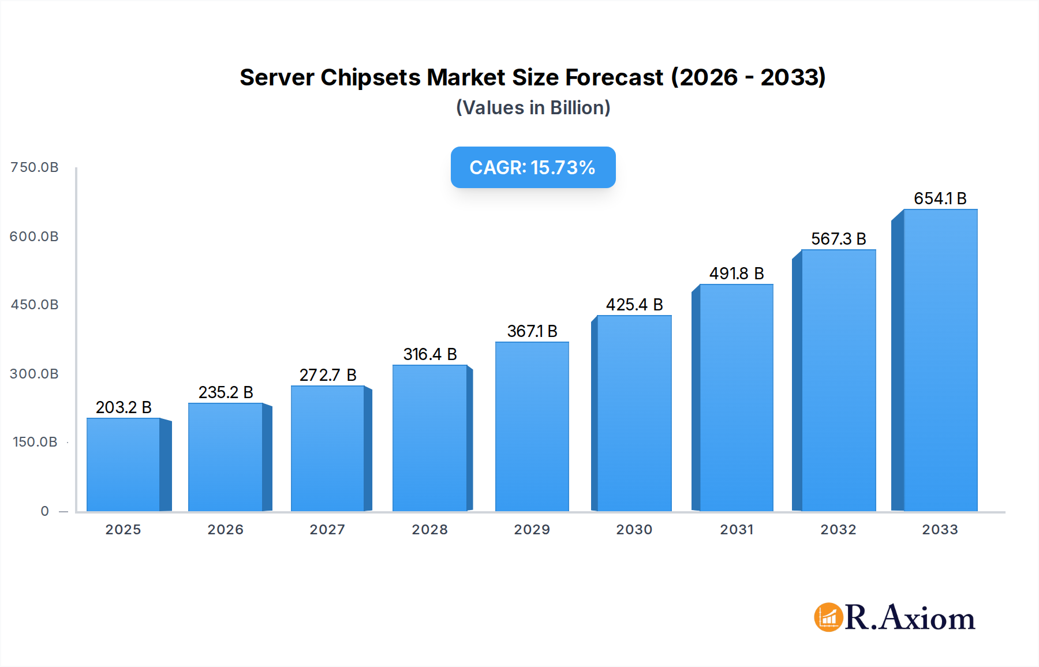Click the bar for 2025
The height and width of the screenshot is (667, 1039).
[123, 464]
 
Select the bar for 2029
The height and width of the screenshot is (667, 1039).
[532, 427]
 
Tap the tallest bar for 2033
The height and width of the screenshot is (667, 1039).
[940, 361]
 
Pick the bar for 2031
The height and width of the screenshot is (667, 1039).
[736, 398]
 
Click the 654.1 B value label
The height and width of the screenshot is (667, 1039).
[940, 198]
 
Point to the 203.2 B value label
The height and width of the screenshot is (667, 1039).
[124, 407]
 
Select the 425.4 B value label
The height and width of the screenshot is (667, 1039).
[634, 305]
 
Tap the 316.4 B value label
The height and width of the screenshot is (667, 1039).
[430, 354]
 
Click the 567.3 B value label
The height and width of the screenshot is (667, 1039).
[838, 239]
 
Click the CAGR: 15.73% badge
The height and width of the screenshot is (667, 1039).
[533, 167]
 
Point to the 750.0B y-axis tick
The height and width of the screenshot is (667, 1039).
[35, 167]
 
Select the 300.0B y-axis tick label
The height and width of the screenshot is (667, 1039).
[35, 374]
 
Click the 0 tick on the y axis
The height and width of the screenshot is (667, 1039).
[45, 511]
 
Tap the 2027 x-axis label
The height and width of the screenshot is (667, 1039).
[327, 530]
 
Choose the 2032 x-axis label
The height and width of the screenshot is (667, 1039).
[838, 530]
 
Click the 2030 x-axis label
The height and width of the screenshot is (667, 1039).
[634, 530]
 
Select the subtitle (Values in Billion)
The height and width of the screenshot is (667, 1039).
[533, 108]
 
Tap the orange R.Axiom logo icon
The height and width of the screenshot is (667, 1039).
[828, 617]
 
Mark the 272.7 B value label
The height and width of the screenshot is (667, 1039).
[328, 375]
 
